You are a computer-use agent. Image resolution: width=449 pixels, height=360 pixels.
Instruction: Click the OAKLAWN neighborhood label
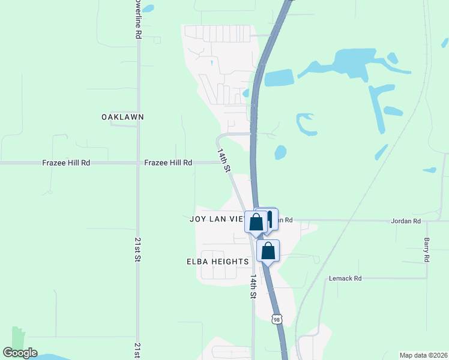click(x=123, y=117)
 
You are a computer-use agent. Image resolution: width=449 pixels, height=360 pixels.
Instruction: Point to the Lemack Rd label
click(x=345, y=278)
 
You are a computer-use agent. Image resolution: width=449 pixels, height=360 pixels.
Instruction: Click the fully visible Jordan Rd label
click(x=406, y=221)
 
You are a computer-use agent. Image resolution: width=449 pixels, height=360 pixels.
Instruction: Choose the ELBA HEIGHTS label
click(x=218, y=262)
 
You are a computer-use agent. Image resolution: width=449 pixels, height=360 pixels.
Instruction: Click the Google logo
click(x=20, y=353)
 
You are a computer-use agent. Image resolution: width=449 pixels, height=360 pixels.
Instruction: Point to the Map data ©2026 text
click(x=423, y=355)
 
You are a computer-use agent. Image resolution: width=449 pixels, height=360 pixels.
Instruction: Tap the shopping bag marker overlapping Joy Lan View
click(x=256, y=222)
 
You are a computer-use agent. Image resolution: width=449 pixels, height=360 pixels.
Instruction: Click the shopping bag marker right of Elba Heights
click(x=268, y=250)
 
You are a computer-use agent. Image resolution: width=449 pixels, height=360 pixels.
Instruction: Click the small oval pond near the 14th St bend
click(x=280, y=152)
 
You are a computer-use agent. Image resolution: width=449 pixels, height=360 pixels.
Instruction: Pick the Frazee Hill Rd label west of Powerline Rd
click(x=66, y=163)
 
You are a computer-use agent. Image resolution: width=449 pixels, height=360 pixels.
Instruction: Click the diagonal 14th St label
click(x=224, y=161)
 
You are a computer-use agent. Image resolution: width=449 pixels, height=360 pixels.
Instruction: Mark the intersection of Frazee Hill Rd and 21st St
click(x=138, y=163)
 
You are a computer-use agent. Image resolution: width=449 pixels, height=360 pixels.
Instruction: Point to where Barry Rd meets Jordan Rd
click(x=427, y=221)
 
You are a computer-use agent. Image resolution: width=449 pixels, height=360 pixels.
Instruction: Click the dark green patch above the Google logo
click(x=18, y=336)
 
